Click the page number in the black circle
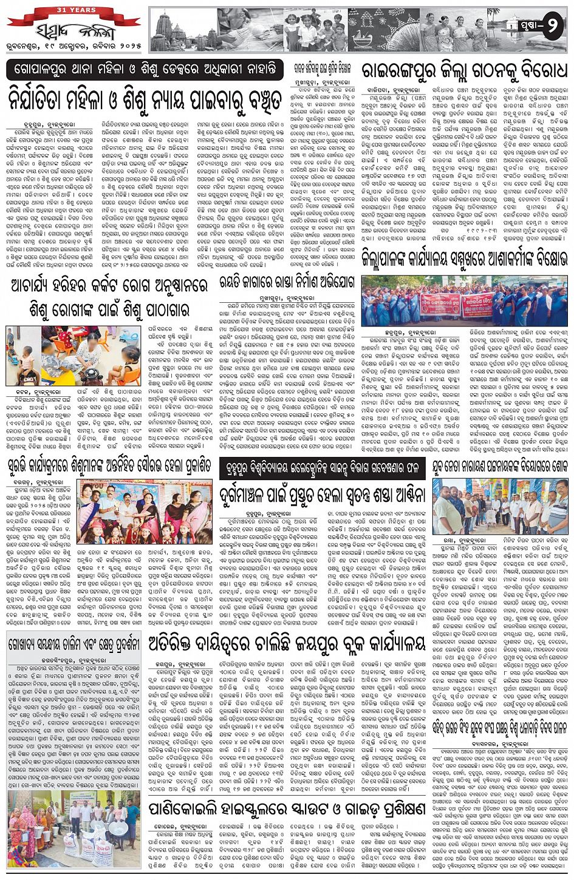[x=553, y=28]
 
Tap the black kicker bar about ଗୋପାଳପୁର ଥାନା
[x=145, y=69]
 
